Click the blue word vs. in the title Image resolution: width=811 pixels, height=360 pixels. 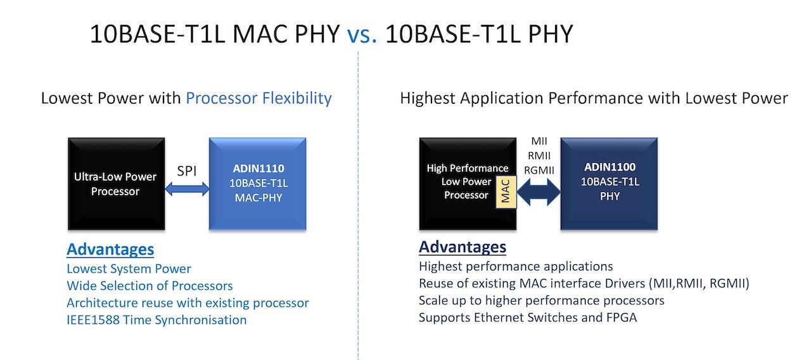click(x=362, y=35)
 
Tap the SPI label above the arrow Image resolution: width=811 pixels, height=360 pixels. click(x=187, y=171)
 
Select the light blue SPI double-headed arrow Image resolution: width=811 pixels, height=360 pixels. click(x=187, y=189)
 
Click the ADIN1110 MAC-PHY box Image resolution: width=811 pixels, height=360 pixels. click(x=258, y=184)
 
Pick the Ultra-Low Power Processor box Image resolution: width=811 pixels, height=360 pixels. click(x=117, y=184)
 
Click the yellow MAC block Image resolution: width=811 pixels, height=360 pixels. click(x=506, y=192)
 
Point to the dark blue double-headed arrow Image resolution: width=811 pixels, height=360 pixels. click(x=539, y=192)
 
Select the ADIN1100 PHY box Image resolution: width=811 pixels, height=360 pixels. click(x=609, y=184)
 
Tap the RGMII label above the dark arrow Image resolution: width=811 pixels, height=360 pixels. click(x=539, y=170)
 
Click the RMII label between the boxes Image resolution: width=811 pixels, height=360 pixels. click(x=539, y=156)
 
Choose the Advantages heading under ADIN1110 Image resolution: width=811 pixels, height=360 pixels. click(x=110, y=250)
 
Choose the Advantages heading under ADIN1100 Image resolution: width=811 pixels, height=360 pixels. click(x=463, y=247)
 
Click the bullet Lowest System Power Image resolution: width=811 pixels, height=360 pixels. click(x=129, y=269)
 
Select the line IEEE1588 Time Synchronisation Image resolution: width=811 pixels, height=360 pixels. click(x=156, y=320)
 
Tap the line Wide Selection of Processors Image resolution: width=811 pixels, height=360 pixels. click(x=150, y=286)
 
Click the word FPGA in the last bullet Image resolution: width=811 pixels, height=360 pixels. click(x=621, y=318)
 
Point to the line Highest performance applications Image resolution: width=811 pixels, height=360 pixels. click(x=516, y=267)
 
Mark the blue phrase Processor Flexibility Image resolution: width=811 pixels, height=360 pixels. click(x=259, y=98)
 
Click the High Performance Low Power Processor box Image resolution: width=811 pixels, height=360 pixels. click(x=468, y=184)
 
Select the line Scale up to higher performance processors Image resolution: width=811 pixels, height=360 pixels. click(x=542, y=300)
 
